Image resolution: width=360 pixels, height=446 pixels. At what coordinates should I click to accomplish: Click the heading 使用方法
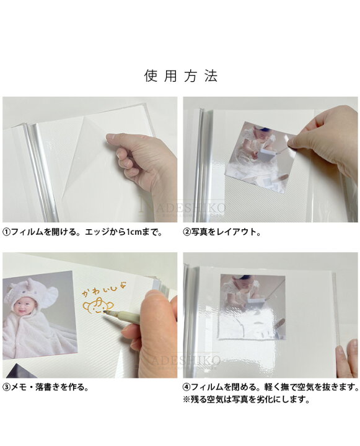point(180,76)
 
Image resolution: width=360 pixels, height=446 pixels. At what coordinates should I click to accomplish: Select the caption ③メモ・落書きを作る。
point(46,387)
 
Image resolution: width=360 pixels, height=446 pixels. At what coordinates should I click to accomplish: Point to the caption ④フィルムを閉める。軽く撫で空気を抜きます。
point(271,387)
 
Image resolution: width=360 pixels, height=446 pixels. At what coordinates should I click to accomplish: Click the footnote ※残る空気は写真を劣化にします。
point(245,400)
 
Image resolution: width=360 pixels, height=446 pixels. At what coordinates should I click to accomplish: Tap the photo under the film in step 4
point(252,306)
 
